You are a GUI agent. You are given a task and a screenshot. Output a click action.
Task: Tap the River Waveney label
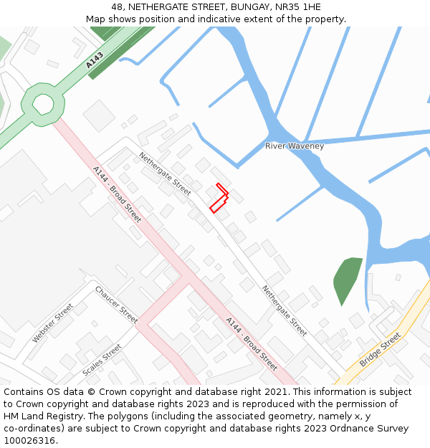tap(295, 146)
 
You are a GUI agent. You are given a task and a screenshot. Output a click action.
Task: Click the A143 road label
tap(94, 60)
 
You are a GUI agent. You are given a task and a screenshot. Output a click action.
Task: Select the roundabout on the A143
tap(43, 104)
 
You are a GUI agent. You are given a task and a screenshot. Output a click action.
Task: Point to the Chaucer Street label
tap(115, 305)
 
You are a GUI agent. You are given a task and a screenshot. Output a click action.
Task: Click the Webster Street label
tap(52, 323)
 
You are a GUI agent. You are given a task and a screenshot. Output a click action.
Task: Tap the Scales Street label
tap(102, 361)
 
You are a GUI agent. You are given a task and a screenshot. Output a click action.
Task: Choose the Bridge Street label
tap(380, 350)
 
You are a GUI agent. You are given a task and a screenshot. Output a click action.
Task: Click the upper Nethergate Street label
tap(165, 174)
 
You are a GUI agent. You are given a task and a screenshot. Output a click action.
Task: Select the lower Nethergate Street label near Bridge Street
tap(285, 311)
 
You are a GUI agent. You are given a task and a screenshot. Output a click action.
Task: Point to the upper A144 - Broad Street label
tap(117, 194)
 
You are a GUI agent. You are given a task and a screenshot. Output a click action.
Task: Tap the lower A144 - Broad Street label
tap(251, 343)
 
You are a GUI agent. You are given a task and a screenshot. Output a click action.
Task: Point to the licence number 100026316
tap(30, 441)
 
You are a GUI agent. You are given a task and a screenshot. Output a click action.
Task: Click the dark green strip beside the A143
tap(119, 53)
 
